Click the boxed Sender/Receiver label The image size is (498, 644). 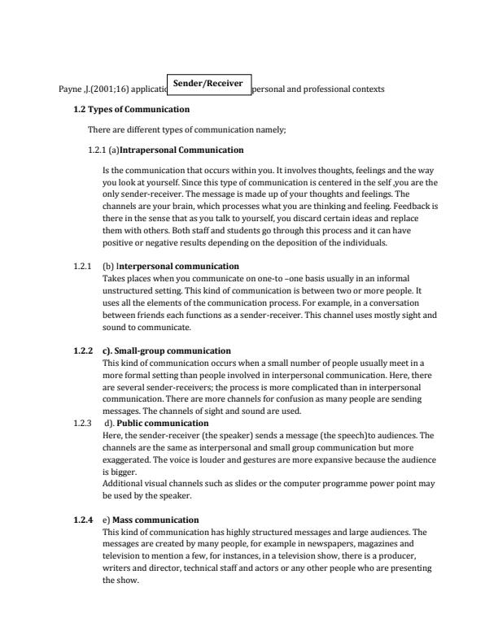click(x=208, y=82)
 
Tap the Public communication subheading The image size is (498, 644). click(x=163, y=424)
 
